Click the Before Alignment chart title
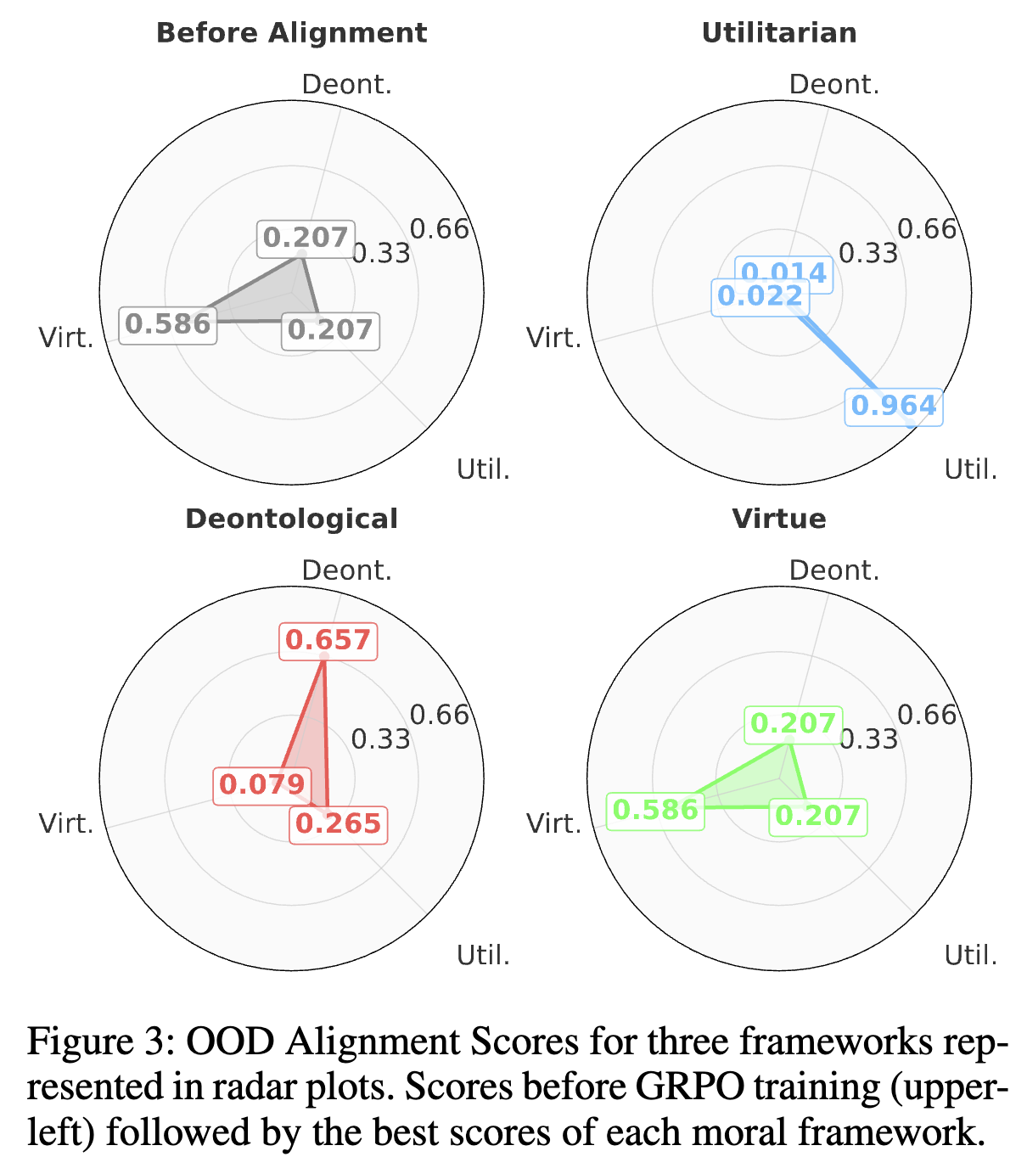click(291, 33)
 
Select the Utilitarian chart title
click(779, 33)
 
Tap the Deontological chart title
click(291, 519)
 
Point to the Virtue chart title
click(779, 519)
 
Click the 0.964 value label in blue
click(894, 406)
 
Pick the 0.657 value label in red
click(328, 640)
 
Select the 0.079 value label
click(261, 783)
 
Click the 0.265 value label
click(338, 823)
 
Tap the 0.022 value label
click(760, 296)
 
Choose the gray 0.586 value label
click(167, 323)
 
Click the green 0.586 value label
click(655, 810)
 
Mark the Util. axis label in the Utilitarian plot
click(971, 469)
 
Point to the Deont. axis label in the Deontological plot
click(347, 570)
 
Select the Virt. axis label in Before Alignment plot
click(66, 338)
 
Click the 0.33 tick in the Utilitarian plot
click(868, 253)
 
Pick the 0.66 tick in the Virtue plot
click(927, 715)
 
